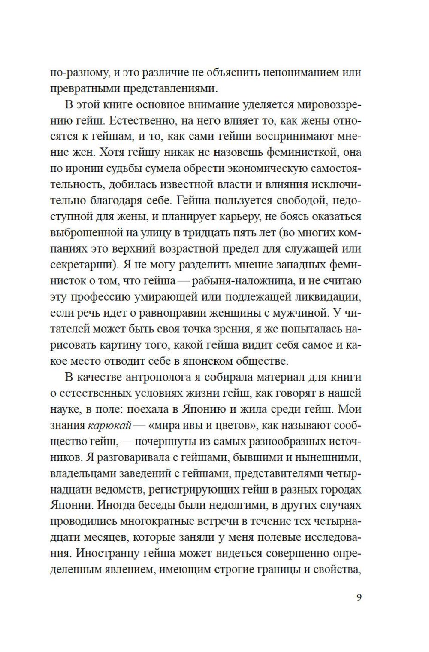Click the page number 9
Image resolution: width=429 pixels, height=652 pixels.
point(359,597)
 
